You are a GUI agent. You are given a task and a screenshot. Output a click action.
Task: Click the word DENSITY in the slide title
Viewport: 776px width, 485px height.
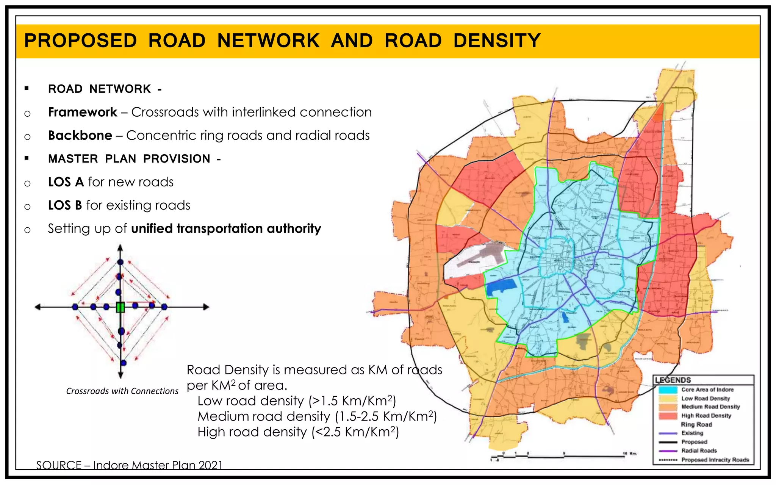pos(497,41)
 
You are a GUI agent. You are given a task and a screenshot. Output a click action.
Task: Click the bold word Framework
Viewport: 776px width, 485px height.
pos(83,112)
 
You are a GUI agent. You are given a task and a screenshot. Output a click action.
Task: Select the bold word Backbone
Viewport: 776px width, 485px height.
pos(80,135)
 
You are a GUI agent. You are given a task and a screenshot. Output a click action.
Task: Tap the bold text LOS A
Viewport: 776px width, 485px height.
pos(66,182)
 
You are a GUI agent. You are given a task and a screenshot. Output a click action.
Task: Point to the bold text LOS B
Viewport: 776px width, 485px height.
pos(65,205)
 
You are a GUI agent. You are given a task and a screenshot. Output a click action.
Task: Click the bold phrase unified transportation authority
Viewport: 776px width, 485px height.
pos(226,228)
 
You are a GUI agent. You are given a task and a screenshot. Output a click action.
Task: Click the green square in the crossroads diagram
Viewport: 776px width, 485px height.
pos(120,307)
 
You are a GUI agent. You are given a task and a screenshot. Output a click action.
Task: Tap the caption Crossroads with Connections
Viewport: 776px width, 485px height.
pos(122,391)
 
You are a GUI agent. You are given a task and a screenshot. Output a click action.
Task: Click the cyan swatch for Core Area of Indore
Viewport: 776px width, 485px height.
pos(668,390)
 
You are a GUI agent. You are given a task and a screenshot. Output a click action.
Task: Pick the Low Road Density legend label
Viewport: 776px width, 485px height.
pos(706,398)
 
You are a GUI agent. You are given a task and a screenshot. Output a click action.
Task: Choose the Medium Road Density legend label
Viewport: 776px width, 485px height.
pos(710,407)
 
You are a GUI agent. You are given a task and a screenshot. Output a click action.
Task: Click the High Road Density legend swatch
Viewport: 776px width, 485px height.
pos(668,416)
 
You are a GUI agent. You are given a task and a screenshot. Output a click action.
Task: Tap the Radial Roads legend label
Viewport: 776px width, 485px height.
pos(699,451)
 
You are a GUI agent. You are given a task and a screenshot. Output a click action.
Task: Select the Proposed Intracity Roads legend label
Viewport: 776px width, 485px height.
pos(715,460)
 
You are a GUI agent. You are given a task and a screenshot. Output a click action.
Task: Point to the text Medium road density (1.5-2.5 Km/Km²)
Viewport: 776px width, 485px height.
pos(317,416)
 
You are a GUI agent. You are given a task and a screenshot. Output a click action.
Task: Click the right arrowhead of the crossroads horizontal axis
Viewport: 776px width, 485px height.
pos(206,307)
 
